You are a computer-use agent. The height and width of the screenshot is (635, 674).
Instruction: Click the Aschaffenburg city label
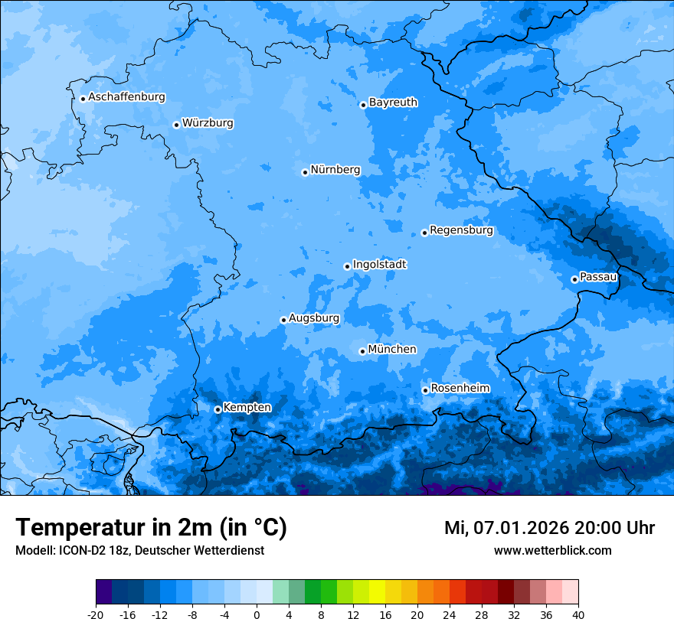126,97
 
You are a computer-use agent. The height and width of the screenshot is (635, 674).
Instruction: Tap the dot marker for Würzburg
176,125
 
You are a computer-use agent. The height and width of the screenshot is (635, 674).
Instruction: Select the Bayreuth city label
393,102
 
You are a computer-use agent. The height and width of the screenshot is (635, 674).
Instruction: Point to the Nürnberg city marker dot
305,172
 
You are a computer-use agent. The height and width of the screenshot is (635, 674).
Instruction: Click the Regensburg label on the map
461,230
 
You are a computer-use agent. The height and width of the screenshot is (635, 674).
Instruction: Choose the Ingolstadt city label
379,264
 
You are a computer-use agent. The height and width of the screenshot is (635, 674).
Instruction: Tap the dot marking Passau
574,279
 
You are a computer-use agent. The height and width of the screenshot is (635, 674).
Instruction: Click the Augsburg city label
314,317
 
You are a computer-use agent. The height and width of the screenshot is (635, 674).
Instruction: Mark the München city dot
362,351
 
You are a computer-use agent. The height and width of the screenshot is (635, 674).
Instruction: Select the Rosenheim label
460,388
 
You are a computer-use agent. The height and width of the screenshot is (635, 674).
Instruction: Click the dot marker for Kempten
218,409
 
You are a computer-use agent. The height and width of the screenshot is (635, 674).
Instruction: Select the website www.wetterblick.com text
552,550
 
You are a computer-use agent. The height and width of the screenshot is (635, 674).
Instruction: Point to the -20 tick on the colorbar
96,614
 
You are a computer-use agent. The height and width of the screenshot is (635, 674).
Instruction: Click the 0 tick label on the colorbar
257,614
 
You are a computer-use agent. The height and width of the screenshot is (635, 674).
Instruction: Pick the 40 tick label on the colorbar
578,614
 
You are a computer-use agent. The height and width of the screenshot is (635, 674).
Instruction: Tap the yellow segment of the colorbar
377,592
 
